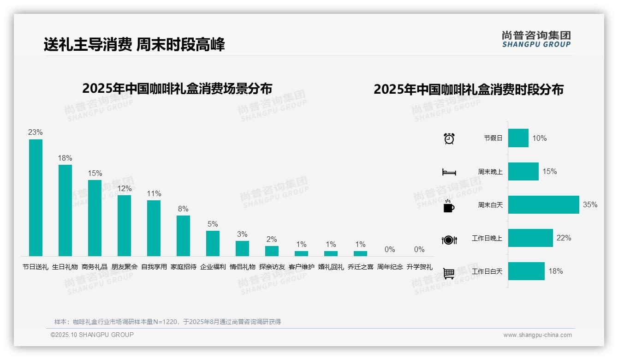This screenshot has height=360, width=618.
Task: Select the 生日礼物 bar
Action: click(x=65, y=210)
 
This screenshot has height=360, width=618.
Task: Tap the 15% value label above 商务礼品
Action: click(x=95, y=173)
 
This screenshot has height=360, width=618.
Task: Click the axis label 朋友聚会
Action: click(x=125, y=267)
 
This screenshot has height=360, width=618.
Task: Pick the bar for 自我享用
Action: click(x=154, y=228)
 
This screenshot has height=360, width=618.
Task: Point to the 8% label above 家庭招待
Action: click(x=183, y=209)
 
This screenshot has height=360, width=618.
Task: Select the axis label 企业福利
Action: click(x=213, y=267)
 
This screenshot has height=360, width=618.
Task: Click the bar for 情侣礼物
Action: click(x=242, y=248)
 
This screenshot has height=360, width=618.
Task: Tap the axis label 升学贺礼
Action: click(x=419, y=267)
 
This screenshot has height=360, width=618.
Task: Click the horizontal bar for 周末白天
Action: click(x=543, y=204)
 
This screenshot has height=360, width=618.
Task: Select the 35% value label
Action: click(x=590, y=204)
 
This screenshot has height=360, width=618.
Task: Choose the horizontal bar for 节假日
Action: click(x=518, y=138)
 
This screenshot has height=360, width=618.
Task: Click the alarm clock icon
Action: click(x=449, y=138)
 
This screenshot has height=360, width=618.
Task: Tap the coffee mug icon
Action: click(x=449, y=206)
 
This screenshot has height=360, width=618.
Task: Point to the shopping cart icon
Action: click(x=449, y=273)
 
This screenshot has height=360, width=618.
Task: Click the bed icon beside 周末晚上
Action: click(x=449, y=172)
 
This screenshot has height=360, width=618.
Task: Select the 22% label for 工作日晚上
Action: click(x=564, y=238)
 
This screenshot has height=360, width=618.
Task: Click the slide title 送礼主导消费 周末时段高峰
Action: click(x=134, y=45)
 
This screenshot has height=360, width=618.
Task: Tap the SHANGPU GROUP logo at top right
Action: click(x=536, y=39)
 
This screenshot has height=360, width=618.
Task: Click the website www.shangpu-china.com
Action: click(x=537, y=335)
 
